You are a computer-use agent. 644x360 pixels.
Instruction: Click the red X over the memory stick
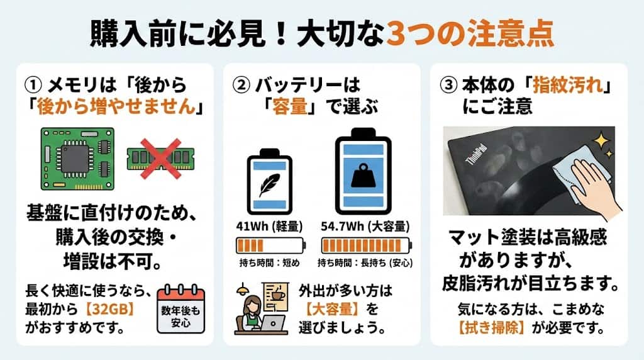[x=160, y=159]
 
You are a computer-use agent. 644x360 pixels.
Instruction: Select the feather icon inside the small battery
[x=269, y=184]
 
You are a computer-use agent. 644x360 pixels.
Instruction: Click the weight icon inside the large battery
[x=363, y=176]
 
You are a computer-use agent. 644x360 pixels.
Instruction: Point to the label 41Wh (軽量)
[x=269, y=227]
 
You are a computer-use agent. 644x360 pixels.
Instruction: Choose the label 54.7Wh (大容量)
[x=365, y=227]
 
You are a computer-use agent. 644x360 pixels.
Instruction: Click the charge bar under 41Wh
[x=270, y=245]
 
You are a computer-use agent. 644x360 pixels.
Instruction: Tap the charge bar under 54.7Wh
[x=367, y=245]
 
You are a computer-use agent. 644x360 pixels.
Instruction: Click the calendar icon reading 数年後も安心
[x=180, y=309]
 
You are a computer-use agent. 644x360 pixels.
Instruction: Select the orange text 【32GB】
[x=109, y=309]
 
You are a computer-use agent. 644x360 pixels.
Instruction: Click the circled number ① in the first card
[x=33, y=86]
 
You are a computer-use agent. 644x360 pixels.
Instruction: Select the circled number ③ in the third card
[x=448, y=86]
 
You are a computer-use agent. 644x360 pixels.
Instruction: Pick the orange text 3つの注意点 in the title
[x=470, y=35]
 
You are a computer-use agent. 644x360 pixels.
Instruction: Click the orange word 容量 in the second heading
[x=290, y=107]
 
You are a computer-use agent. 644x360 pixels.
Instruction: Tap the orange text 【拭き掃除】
[x=492, y=328]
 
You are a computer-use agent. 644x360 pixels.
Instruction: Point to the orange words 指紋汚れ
[x=568, y=85]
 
